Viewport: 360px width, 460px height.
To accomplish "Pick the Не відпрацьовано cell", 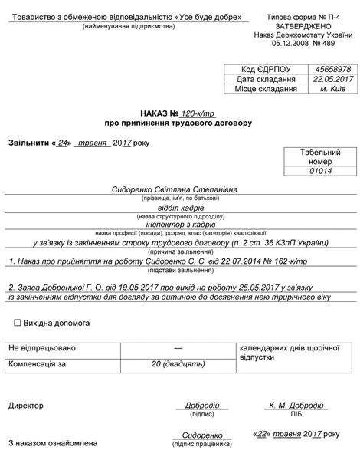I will [x=42, y=348].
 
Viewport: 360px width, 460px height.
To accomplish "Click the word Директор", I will [x=26, y=404].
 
